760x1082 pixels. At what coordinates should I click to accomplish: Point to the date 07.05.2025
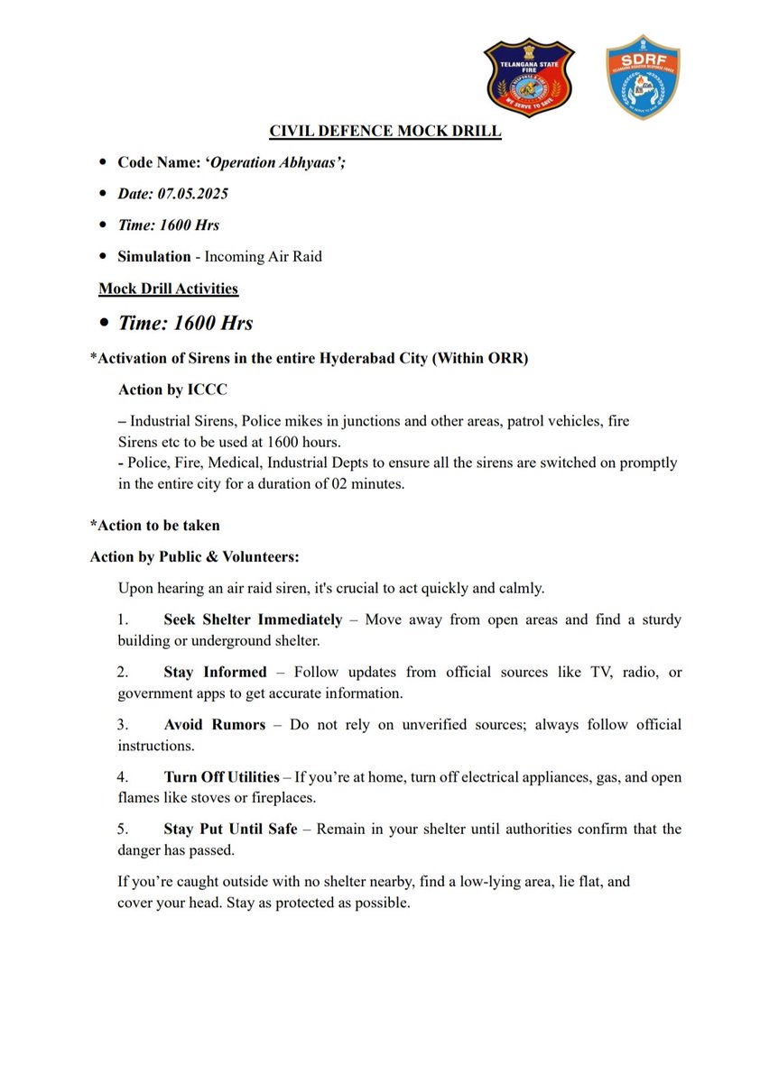199,194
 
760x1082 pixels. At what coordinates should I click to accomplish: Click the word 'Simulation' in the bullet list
153,256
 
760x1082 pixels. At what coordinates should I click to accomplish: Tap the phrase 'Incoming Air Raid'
264,256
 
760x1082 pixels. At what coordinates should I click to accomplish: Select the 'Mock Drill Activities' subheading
168,289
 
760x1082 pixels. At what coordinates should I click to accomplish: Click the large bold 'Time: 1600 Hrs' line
185,323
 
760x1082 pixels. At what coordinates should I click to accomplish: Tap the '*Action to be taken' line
154,525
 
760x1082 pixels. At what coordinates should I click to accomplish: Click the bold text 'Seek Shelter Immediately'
253,619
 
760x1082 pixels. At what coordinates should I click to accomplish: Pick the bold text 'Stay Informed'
215,672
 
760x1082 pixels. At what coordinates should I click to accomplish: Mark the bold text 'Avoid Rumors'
214,724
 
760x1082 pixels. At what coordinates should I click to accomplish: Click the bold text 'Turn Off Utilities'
222,776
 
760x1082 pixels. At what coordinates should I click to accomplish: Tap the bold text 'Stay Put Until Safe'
230,829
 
